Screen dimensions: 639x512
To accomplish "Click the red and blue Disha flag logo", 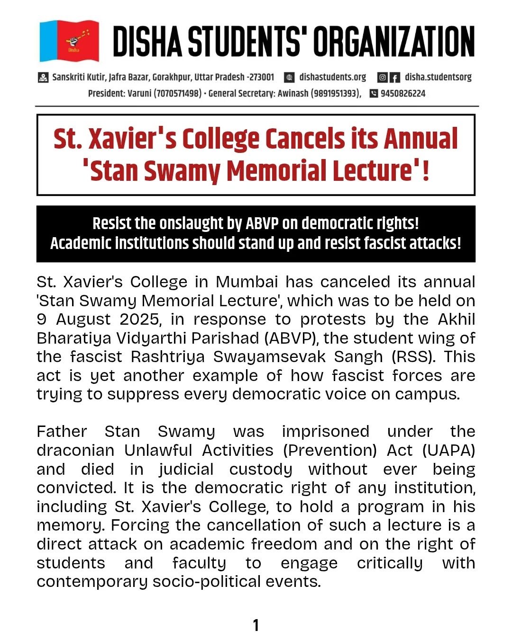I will point(69,41).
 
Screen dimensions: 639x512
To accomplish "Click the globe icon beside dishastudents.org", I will point(289,77).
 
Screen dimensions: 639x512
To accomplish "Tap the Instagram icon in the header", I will point(383,77).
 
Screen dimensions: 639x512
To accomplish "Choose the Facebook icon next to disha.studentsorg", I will point(394,77).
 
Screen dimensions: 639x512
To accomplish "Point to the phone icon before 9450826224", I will point(374,93).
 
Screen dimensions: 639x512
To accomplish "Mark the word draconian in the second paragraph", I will point(75,450).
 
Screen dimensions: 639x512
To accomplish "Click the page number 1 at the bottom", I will point(256,626).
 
